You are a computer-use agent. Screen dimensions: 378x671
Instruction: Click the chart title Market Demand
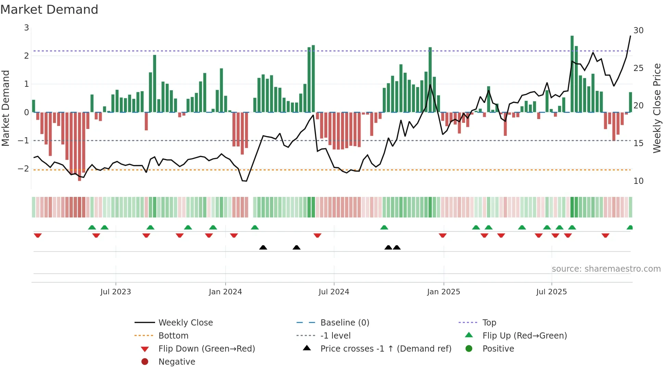(x=49, y=10)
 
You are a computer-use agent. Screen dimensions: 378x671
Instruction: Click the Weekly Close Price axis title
(x=657, y=108)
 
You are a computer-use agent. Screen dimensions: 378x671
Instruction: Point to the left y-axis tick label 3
(x=26, y=27)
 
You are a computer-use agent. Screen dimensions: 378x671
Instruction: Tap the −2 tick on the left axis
(x=23, y=168)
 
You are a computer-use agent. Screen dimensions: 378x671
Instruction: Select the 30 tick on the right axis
(x=638, y=31)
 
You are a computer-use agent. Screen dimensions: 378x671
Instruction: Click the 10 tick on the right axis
(x=638, y=181)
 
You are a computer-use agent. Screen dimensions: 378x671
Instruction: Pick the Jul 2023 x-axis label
(x=115, y=292)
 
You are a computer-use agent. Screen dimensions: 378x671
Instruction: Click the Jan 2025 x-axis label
(x=443, y=292)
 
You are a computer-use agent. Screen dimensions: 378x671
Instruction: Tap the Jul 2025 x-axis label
(x=551, y=292)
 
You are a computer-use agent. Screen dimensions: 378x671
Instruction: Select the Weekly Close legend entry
(x=185, y=322)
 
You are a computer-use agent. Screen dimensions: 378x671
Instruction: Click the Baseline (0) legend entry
(x=344, y=322)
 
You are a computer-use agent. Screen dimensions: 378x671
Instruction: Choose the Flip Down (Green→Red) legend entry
(x=206, y=349)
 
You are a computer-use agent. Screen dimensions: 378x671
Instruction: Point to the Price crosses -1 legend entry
(x=385, y=349)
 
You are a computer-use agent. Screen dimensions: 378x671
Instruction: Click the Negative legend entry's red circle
(x=145, y=362)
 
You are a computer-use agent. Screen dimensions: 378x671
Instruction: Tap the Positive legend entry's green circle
(x=469, y=349)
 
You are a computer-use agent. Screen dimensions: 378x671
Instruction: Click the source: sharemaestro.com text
(x=606, y=269)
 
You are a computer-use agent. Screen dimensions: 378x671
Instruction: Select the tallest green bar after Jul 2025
(x=572, y=74)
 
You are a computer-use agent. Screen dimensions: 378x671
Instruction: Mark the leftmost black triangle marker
(x=263, y=247)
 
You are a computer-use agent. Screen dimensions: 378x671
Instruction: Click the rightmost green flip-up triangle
(x=630, y=227)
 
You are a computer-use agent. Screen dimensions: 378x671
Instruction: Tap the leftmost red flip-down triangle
(x=38, y=235)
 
